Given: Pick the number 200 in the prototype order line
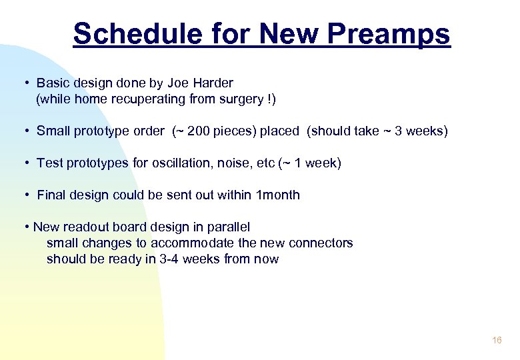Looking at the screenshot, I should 199,131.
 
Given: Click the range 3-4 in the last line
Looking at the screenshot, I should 168,259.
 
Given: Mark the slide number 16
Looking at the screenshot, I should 497,341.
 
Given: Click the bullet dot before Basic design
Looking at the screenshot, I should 24,83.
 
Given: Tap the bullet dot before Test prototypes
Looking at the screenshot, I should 24,163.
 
